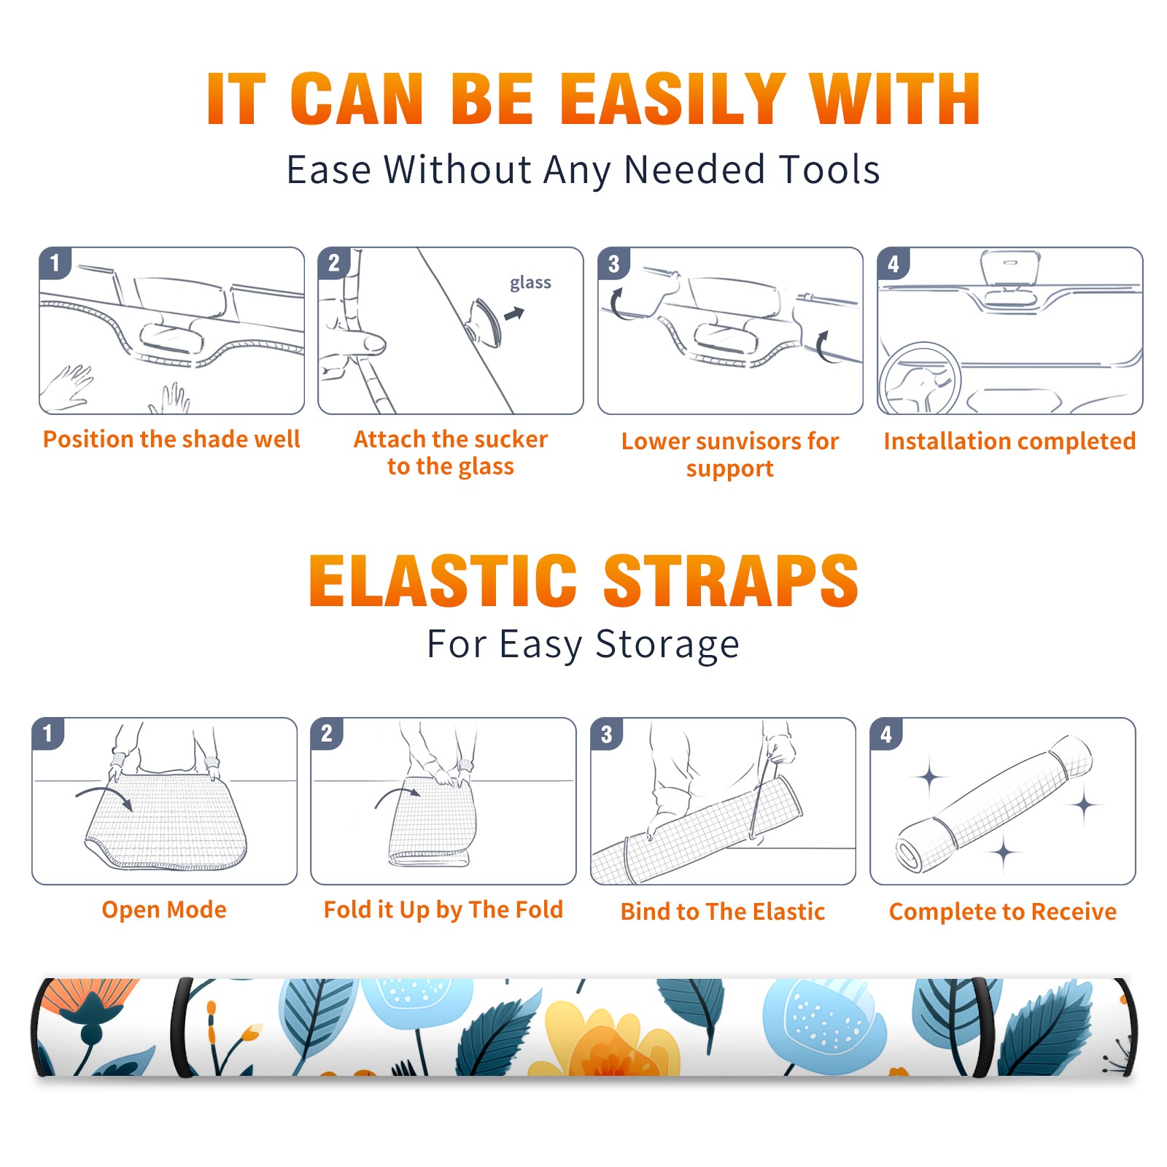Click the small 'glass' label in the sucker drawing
click(x=530, y=283)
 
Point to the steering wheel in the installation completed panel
click(x=920, y=379)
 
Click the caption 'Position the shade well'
click(x=171, y=439)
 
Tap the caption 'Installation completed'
click(x=1009, y=441)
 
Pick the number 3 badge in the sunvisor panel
click(x=613, y=263)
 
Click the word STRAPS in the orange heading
click(x=731, y=581)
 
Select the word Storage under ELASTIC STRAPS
click(x=667, y=645)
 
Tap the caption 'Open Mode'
click(x=164, y=910)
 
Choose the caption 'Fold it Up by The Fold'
click(x=443, y=910)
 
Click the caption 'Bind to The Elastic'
click(x=723, y=912)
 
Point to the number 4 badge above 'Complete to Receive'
click(x=886, y=734)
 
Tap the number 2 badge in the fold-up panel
click(x=326, y=733)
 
